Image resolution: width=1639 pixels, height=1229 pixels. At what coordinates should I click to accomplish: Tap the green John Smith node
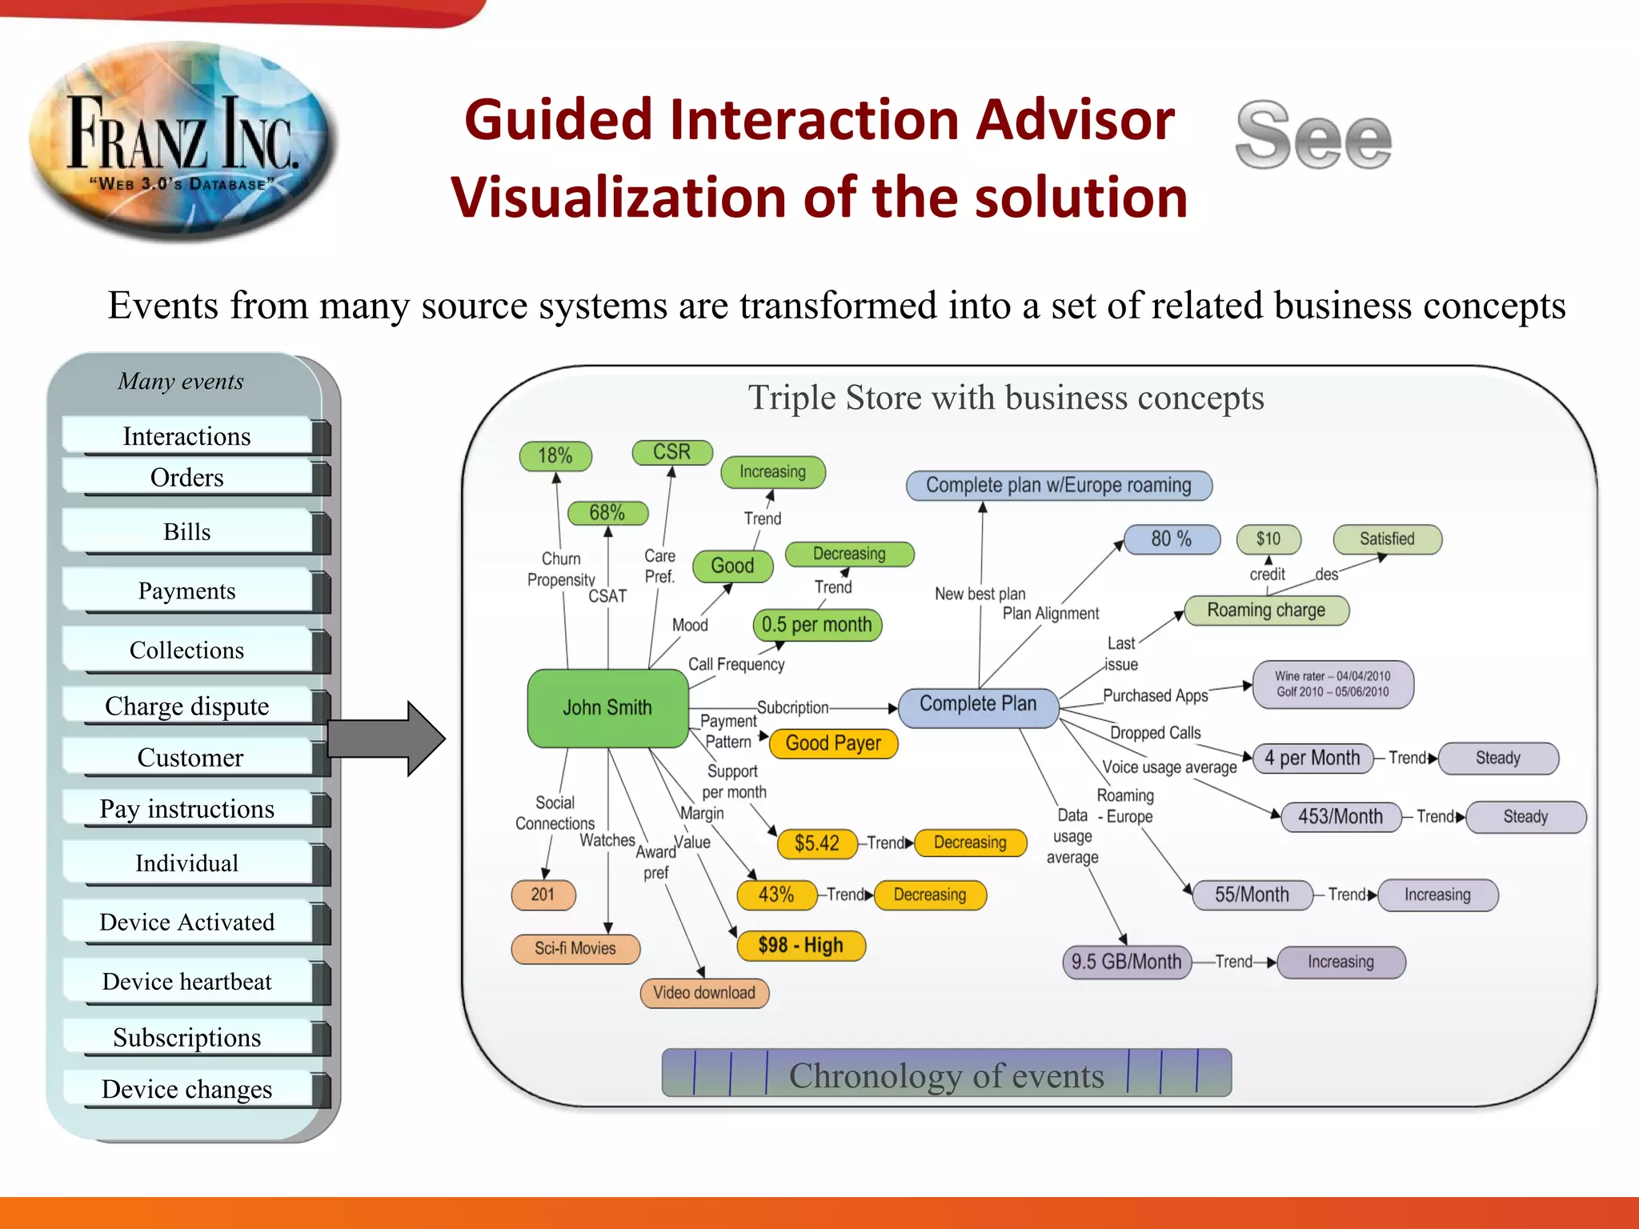(x=607, y=708)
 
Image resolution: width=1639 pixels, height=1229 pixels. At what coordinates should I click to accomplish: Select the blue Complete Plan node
(x=978, y=705)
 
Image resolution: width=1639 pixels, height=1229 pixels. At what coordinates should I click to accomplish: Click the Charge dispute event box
(x=187, y=707)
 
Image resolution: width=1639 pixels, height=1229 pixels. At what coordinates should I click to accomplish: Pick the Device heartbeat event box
(x=187, y=982)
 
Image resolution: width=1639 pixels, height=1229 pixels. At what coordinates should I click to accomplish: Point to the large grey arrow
(x=384, y=738)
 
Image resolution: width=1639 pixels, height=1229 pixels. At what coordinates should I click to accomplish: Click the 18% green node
(x=555, y=456)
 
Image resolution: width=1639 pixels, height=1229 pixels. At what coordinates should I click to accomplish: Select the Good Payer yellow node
(x=833, y=743)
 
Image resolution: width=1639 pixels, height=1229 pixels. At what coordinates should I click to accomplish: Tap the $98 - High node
(x=800, y=945)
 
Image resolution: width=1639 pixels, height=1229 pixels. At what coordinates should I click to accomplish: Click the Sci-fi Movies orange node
(x=575, y=949)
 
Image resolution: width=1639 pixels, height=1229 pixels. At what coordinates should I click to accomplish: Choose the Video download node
(x=704, y=993)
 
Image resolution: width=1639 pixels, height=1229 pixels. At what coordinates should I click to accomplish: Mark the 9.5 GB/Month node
(x=1126, y=962)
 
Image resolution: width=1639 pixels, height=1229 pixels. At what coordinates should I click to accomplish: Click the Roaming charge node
(x=1266, y=610)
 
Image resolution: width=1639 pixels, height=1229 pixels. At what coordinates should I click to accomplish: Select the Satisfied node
(x=1387, y=539)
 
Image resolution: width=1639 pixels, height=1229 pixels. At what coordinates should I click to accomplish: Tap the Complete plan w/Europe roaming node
(x=1058, y=486)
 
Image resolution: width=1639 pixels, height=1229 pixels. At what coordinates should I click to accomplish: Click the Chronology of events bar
(x=946, y=1074)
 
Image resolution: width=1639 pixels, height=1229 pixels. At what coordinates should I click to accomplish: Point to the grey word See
(x=1313, y=136)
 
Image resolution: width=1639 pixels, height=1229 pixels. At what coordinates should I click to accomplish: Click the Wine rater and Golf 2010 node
(x=1332, y=684)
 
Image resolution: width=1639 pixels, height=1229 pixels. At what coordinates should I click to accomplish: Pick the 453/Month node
(x=1340, y=817)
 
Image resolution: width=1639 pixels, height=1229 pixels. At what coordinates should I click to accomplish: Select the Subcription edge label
(x=792, y=708)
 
